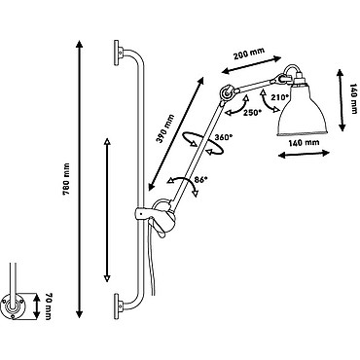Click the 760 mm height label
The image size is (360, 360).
[67, 180]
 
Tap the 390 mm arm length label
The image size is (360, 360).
[164, 128]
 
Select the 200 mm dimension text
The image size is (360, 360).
[249, 53]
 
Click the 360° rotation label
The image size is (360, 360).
[223, 137]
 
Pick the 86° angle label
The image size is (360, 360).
[200, 179]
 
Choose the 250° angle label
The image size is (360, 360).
[252, 112]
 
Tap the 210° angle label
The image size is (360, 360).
[279, 97]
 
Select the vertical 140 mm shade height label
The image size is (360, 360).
[353, 98]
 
